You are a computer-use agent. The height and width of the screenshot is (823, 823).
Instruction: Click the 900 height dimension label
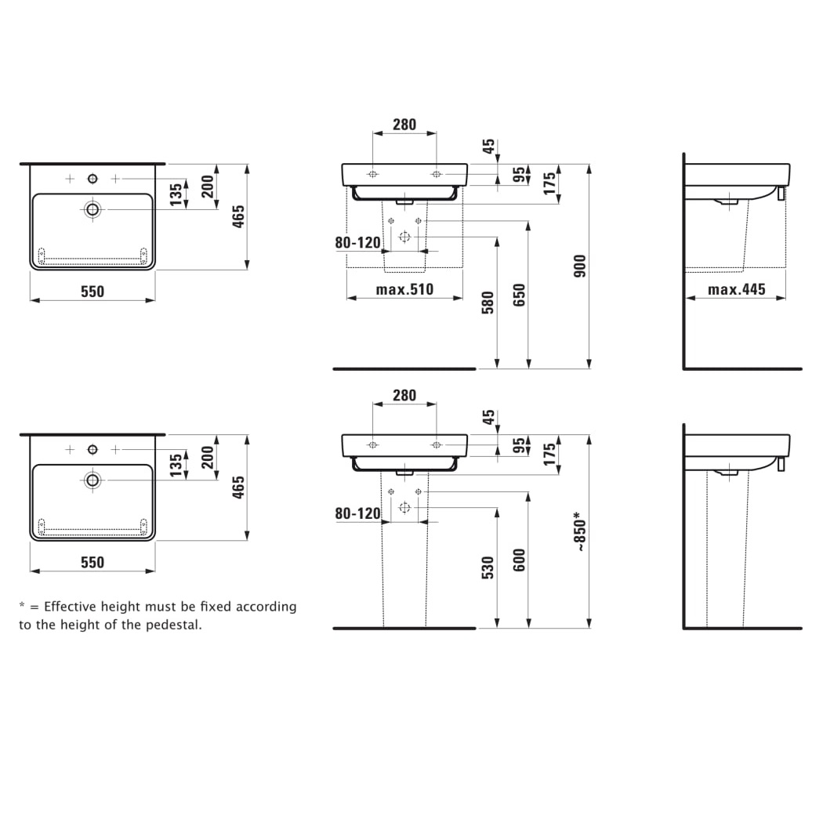(581, 266)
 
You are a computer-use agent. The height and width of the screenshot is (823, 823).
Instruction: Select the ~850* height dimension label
(581, 532)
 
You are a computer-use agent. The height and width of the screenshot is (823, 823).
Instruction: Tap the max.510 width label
(404, 290)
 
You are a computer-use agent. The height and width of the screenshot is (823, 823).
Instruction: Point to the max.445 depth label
(737, 290)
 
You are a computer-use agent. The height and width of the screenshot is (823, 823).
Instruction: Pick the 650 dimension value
(519, 295)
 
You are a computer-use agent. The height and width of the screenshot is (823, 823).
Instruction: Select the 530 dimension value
(488, 568)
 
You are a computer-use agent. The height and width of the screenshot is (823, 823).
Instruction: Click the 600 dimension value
(519, 560)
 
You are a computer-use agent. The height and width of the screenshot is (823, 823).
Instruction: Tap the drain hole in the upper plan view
(93, 209)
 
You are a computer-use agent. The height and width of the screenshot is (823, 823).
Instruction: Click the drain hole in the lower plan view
(93, 480)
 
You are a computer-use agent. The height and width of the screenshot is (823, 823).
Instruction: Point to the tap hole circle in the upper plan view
(93, 179)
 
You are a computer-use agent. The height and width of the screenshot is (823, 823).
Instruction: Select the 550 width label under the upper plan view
(92, 292)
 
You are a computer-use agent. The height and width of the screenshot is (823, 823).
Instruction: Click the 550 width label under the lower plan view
(92, 562)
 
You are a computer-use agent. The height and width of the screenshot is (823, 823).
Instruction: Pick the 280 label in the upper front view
(404, 125)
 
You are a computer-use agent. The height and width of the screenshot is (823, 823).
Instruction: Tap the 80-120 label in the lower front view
(357, 513)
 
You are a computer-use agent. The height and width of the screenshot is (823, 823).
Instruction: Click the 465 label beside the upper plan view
(239, 216)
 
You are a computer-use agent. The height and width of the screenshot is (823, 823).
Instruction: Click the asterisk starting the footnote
(23, 606)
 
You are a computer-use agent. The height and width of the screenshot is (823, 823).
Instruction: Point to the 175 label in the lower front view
(549, 454)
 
